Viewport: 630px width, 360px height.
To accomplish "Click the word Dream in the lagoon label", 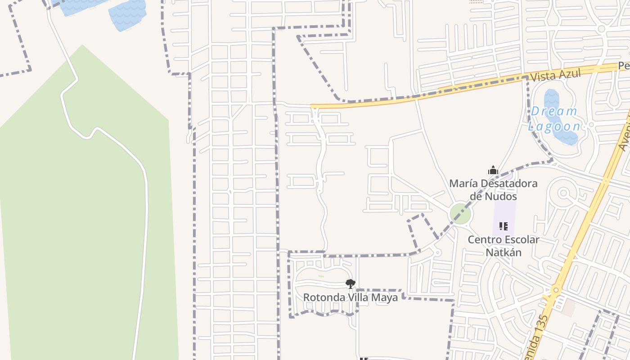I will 554,111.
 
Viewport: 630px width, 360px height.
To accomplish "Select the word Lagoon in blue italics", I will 554,126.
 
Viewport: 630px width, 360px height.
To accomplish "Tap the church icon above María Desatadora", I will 493,171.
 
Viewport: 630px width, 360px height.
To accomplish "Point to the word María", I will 462,184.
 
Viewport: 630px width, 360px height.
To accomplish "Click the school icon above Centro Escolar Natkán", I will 504,226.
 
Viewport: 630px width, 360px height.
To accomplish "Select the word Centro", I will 483,239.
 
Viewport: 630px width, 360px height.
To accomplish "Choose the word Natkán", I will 504,252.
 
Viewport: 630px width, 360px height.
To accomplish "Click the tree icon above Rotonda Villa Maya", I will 350,283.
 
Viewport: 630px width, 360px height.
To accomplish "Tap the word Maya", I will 385,297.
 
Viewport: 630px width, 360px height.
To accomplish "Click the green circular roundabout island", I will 460,214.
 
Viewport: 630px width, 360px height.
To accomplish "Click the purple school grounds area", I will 504,211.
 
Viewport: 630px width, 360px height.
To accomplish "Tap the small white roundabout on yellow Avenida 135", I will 556,290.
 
